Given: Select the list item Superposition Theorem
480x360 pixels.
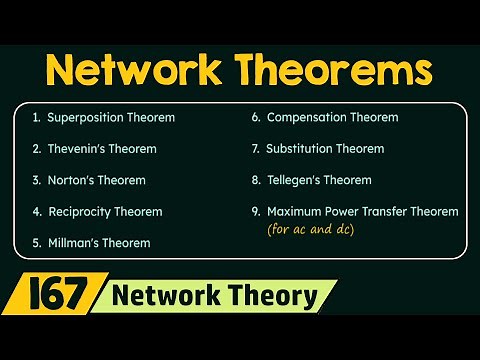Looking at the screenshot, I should click(x=110, y=117).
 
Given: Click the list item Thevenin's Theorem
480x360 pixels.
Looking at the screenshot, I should click(x=101, y=149).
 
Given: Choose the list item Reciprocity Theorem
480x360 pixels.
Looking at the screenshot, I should click(x=104, y=212).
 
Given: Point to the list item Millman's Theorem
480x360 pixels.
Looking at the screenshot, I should click(x=98, y=242).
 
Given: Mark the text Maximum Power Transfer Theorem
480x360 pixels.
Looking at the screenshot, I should click(x=362, y=212).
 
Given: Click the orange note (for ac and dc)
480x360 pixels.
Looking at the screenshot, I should click(x=310, y=230).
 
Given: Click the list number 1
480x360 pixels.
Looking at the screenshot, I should click(x=35, y=117).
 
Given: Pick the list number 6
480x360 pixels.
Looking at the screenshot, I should click(x=256, y=117).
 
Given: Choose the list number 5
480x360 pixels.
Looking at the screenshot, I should click(x=36, y=242).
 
